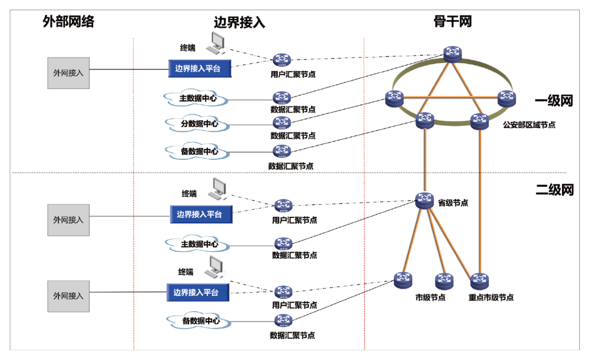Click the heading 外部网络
tap(68, 22)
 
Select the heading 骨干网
tap(453, 22)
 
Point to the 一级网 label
tap(554, 101)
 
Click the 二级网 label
tap(554, 190)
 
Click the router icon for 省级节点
tap(424, 201)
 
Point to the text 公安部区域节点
tap(529, 125)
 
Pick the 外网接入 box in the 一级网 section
tap(68, 72)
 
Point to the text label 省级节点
tap(453, 203)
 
